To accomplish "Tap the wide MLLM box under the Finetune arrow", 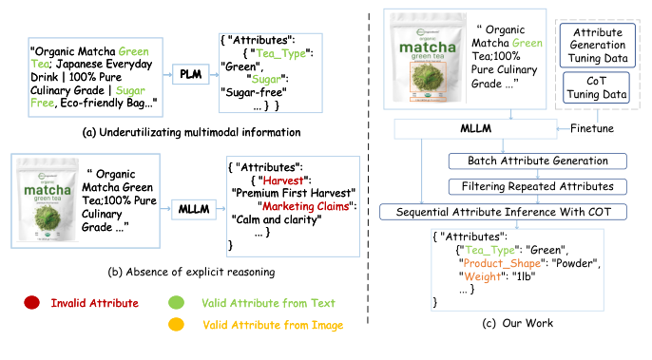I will [x=474, y=125].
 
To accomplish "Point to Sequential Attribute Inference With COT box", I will [x=496, y=210].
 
